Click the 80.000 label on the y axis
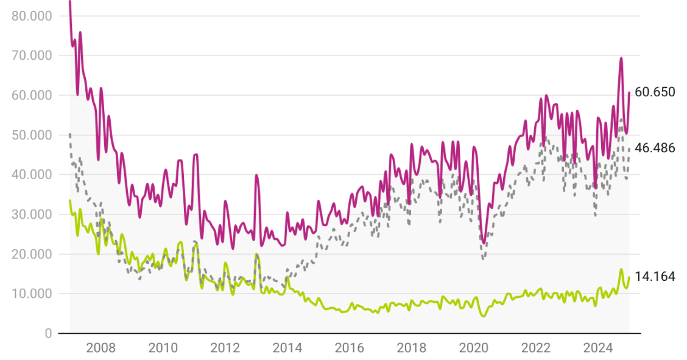pyautogui.click(x=32, y=15)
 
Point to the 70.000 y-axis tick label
pyautogui.click(x=32, y=55)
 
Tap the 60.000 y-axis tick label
pyautogui.click(x=32, y=95)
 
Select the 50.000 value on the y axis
pyautogui.click(x=32, y=135)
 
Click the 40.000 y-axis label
pyautogui.click(x=32, y=174)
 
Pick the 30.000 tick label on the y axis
pyautogui.click(x=32, y=214)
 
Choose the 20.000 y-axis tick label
pyautogui.click(x=32, y=254)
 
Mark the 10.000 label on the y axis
pyautogui.click(x=32, y=294)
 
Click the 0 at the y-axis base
pyautogui.click(x=48, y=333)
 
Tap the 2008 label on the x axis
pyautogui.click(x=101, y=348)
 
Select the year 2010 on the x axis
pyautogui.click(x=163, y=348)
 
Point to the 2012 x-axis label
pyautogui.click(x=225, y=348)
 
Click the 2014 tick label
pyautogui.click(x=287, y=348)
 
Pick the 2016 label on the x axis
pyautogui.click(x=350, y=348)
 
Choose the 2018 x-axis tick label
pyautogui.click(x=412, y=348)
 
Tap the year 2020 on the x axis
pyautogui.click(x=474, y=348)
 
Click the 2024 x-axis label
pyautogui.click(x=598, y=348)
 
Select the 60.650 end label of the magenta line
pyautogui.click(x=655, y=93)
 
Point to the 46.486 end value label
pyautogui.click(x=655, y=148)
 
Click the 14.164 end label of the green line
pyautogui.click(x=655, y=277)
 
